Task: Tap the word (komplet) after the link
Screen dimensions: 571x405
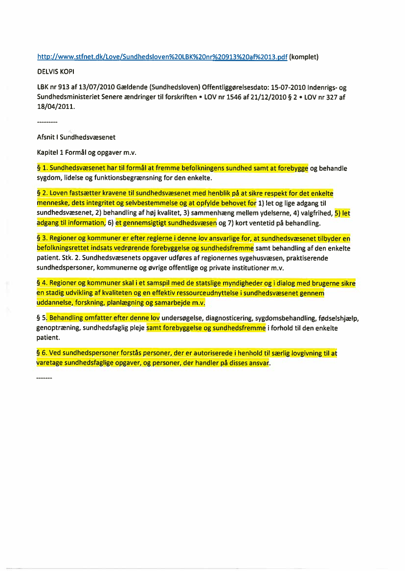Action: tap(304, 57)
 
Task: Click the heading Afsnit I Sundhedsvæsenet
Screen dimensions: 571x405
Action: tap(76, 137)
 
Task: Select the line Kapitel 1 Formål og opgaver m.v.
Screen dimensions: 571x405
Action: tap(81, 152)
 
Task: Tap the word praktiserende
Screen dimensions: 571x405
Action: tap(308, 258)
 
